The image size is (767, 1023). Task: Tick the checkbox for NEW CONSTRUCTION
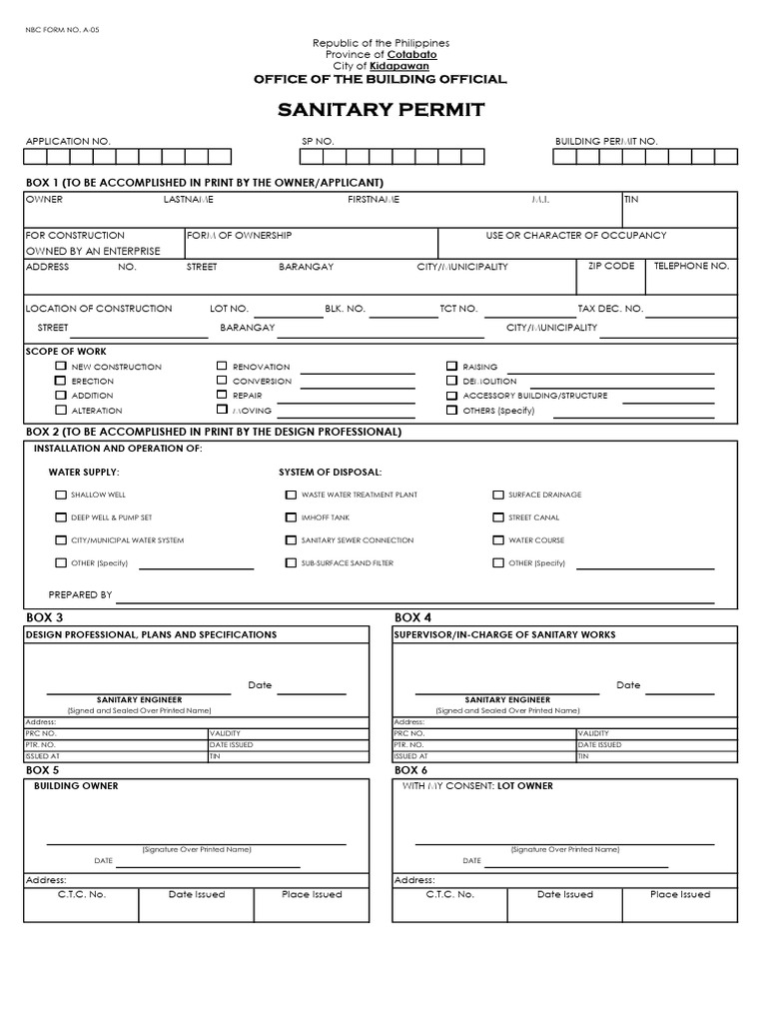(61, 367)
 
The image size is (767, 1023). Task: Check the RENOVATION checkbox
(222, 367)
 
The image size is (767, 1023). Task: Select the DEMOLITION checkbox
(451, 381)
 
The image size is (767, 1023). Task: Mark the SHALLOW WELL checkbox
(61, 495)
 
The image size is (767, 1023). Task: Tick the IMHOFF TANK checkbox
(291, 517)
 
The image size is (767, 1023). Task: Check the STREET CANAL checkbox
(498, 517)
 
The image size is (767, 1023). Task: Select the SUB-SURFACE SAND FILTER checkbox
(291, 562)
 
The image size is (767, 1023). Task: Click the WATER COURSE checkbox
(498, 540)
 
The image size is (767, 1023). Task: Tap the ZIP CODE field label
(611, 266)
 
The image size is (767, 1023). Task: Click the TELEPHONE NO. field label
(691, 266)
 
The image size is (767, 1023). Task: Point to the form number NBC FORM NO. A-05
(63, 30)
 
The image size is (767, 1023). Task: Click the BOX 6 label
(410, 770)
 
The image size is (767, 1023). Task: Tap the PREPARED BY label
(80, 594)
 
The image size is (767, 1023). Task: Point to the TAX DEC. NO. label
(610, 309)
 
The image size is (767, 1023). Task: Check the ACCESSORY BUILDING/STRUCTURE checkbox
(451, 396)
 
